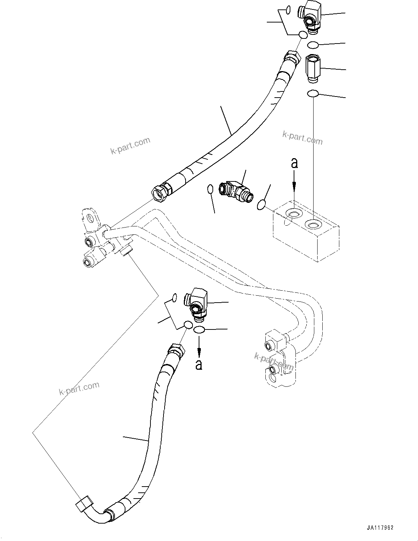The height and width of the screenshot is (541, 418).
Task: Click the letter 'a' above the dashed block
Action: pos(294,163)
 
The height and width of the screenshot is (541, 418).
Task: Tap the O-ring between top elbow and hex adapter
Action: pos(313,45)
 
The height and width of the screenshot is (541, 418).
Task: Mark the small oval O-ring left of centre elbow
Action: pos(210,189)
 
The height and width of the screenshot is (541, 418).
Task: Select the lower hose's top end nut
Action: pos(176,351)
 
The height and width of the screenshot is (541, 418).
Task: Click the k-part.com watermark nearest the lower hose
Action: pos(79,388)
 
